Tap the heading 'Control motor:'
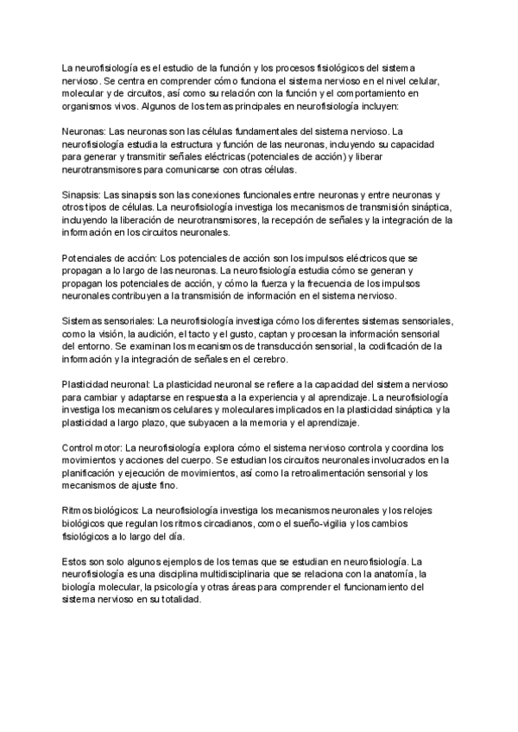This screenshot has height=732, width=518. (92, 449)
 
